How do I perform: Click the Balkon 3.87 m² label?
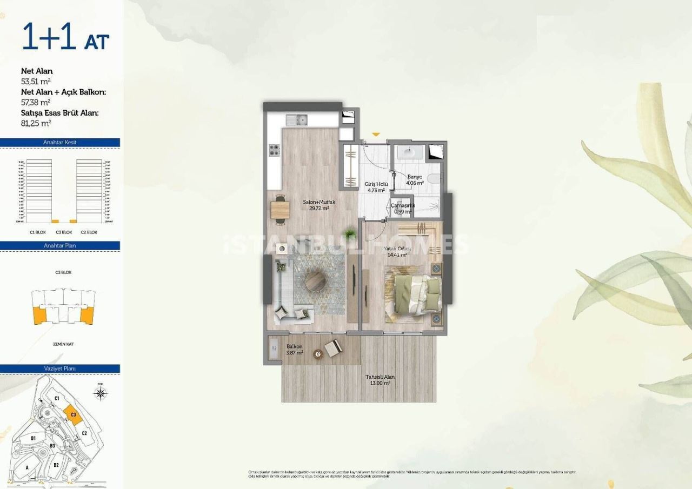(x=295, y=349)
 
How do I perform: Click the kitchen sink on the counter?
(x=296, y=119)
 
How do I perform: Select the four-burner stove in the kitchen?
(x=275, y=150)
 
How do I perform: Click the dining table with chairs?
(x=280, y=209)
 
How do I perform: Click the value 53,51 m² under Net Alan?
(x=36, y=82)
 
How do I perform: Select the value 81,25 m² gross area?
(x=36, y=123)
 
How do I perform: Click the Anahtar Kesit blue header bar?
(x=60, y=143)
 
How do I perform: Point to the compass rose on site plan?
(x=101, y=392)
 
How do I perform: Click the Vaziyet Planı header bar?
(x=60, y=369)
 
